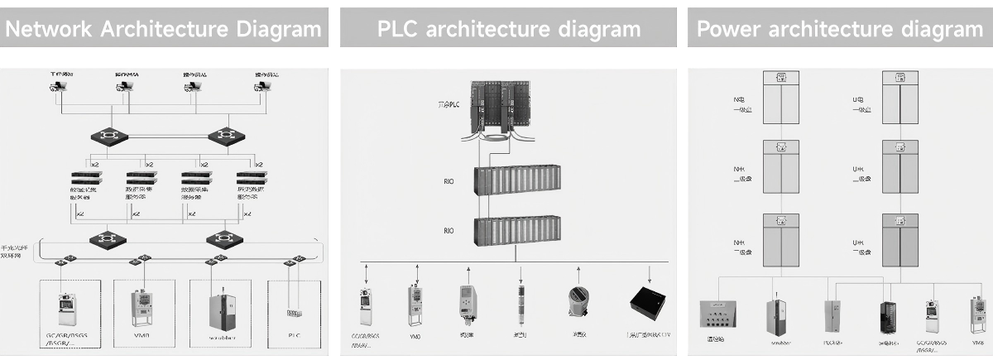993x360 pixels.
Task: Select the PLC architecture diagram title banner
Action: tap(508, 29)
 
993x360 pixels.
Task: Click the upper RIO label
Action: tap(449, 182)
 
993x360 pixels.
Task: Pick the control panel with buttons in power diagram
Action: tap(718, 318)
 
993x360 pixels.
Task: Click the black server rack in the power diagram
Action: tap(890, 319)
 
